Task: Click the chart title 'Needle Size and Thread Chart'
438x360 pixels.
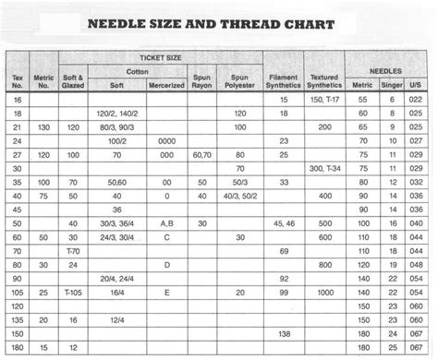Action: pyautogui.click(x=218, y=24)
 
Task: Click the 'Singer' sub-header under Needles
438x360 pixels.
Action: pyautogui.click(x=392, y=84)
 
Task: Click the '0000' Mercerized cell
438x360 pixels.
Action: pyautogui.click(x=166, y=141)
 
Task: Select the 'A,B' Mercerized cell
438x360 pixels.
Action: pyautogui.click(x=166, y=223)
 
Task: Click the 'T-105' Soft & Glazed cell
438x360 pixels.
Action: pyautogui.click(x=72, y=292)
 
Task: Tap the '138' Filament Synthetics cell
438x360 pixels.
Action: pyautogui.click(x=283, y=332)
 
